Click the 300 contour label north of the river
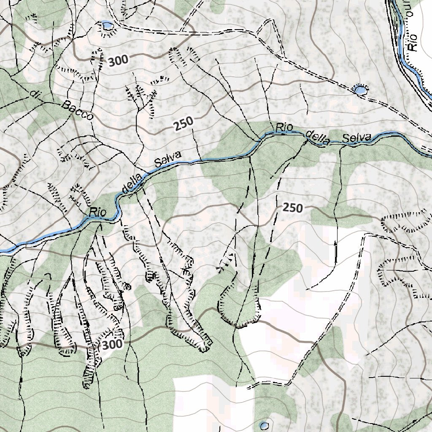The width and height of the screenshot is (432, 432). tap(118, 61)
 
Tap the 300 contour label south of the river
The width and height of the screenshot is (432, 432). tap(112, 344)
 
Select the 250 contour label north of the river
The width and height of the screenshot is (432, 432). tap(183, 124)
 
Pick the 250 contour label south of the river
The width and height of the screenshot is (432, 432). tap(293, 208)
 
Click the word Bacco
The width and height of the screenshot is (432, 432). tap(77, 111)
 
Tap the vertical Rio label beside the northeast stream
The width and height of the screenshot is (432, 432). tap(413, 42)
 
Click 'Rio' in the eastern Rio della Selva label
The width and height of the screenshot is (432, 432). tap(284, 127)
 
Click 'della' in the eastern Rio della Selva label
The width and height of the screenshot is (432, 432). tap(318, 138)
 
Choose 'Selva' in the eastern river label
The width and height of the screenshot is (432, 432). tap(356, 138)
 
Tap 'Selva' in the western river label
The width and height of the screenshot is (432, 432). tap(167, 161)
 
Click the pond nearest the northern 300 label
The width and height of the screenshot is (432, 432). tap(108, 26)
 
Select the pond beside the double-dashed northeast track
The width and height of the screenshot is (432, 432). tap(360, 89)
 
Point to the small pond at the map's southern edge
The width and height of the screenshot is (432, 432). tap(264, 425)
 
